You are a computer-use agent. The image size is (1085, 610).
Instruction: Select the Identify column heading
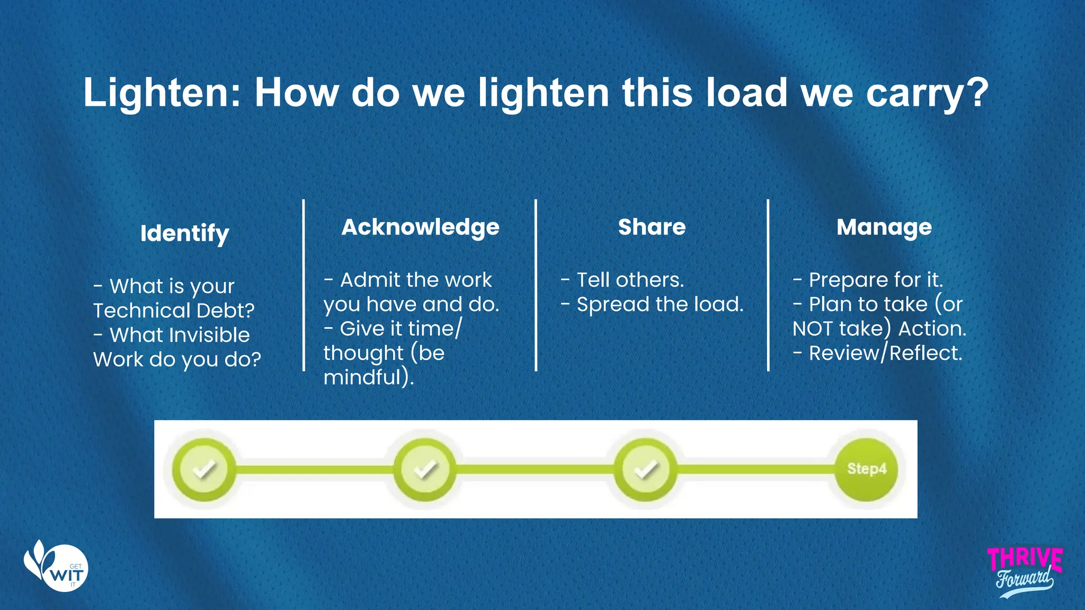click(x=184, y=233)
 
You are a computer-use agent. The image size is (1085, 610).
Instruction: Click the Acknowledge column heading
click(x=420, y=227)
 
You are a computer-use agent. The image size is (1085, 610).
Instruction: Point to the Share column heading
click(x=652, y=227)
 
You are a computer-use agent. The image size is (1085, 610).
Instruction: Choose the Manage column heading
click(x=884, y=227)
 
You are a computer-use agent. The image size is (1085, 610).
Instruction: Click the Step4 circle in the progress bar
click(x=866, y=469)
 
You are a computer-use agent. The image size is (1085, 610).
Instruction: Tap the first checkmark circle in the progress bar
click(x=204, y=469)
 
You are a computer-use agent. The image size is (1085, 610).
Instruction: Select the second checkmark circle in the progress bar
click(x=425, y=469)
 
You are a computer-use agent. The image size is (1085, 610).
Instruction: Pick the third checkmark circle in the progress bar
click(x=645, y=469)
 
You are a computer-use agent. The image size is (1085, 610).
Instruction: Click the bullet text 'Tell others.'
click(x=630, y=280)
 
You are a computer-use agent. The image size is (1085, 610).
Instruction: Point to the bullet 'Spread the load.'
click(x=660, y=304)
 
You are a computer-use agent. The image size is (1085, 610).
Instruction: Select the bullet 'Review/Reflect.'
click(x=885, y=353)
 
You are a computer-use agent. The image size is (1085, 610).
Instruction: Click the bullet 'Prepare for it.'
click(x=875, y=280)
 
